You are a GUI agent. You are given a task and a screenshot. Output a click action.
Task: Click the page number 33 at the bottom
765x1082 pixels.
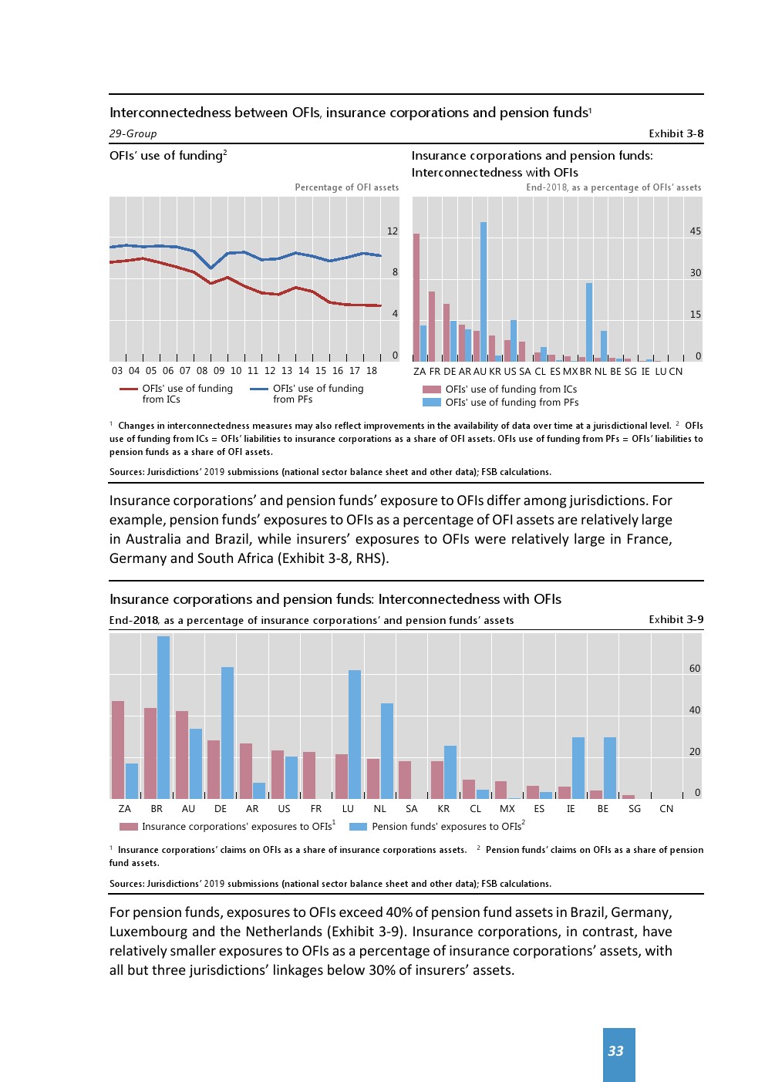click(615, 1051)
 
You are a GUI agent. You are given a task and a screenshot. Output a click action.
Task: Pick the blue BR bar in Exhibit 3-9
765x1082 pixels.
click(163, 717)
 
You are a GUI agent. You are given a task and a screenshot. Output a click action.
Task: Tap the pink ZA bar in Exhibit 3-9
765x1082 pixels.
click(118, 750)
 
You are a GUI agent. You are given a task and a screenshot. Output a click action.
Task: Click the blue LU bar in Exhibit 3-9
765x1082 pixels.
click(355, 734)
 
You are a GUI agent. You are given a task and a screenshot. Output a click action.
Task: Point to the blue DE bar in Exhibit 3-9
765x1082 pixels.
click(227, 733)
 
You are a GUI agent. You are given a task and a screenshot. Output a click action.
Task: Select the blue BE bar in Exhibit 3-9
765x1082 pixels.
click(610, 767)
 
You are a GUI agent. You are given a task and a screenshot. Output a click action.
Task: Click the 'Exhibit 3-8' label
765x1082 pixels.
click(676, 133)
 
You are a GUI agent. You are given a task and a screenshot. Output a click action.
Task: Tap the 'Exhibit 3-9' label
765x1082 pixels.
click(676, 619)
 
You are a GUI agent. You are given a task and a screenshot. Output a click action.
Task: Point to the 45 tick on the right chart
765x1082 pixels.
click(696, 231)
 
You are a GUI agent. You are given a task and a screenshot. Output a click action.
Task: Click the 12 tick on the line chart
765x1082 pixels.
click(393, 231)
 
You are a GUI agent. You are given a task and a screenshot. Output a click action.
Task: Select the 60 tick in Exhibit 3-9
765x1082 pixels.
click(695, 669)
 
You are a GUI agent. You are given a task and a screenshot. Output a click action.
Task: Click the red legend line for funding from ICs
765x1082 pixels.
click(128, 389)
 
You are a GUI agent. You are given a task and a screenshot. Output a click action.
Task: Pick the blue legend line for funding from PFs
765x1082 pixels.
click(259, 389)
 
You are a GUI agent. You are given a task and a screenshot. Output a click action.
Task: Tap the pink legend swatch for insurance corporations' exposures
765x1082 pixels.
click(129, 827)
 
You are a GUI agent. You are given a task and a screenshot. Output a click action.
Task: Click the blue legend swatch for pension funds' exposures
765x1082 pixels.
click(358, 827)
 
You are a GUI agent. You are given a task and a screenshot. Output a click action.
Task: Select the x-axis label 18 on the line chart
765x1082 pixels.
click(372, 371)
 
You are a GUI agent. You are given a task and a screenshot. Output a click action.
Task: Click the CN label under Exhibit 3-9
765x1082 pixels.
click(666, 809)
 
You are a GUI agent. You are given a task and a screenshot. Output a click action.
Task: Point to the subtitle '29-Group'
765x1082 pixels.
click(133, 133)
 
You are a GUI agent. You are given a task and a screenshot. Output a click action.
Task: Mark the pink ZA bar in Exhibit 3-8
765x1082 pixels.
click(416, 297)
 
